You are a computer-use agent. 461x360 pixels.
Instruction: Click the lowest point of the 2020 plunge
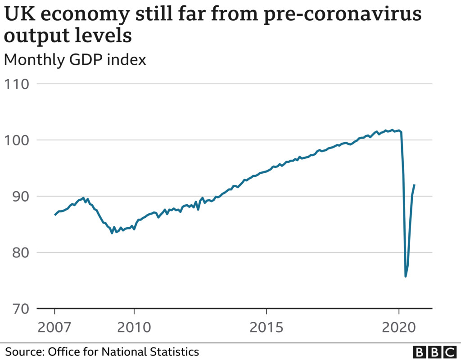click(406, 276)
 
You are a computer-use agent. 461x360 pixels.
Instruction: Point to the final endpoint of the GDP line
click(414, 185)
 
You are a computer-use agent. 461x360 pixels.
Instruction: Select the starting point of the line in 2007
click(55, 215)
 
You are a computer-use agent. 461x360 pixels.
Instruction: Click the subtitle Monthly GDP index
click(75, 60)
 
